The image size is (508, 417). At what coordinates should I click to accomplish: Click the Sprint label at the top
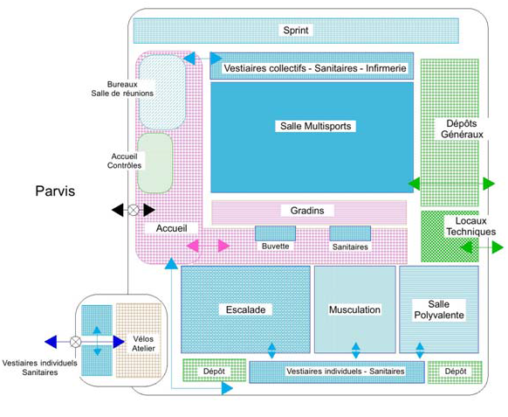[296, 31]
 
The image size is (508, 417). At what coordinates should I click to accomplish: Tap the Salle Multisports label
[316, 126]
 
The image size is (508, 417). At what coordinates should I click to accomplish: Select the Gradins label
[307, 211]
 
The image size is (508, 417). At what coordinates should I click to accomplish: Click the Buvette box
[275, 233]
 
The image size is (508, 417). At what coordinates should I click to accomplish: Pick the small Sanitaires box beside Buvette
[350, 233]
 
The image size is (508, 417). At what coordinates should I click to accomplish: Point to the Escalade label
[245, 309]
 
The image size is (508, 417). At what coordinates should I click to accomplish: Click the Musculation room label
[354, 309]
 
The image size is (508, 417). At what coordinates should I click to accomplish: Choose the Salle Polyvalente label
[439, 309]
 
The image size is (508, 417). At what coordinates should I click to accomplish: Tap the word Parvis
[55, 191]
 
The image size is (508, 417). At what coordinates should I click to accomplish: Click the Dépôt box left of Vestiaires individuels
[214, 370]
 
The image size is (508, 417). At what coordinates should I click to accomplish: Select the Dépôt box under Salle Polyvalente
[455, 372]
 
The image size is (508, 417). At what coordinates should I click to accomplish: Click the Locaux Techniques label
[471, 226]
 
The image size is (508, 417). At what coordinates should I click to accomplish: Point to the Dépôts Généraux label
[462, 129]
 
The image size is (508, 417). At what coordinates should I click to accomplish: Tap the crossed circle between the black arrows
[134, 210]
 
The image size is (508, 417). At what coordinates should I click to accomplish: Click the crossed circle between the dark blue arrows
[75, 342]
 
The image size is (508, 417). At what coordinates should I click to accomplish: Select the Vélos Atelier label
[143, 344]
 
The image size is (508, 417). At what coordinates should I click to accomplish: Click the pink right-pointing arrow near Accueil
[223, 246]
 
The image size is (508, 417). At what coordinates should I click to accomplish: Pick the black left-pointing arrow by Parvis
[118, 210]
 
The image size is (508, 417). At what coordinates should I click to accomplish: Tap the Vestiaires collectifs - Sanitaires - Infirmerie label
[315, 68]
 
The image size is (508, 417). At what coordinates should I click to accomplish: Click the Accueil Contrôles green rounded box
[155, 163]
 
